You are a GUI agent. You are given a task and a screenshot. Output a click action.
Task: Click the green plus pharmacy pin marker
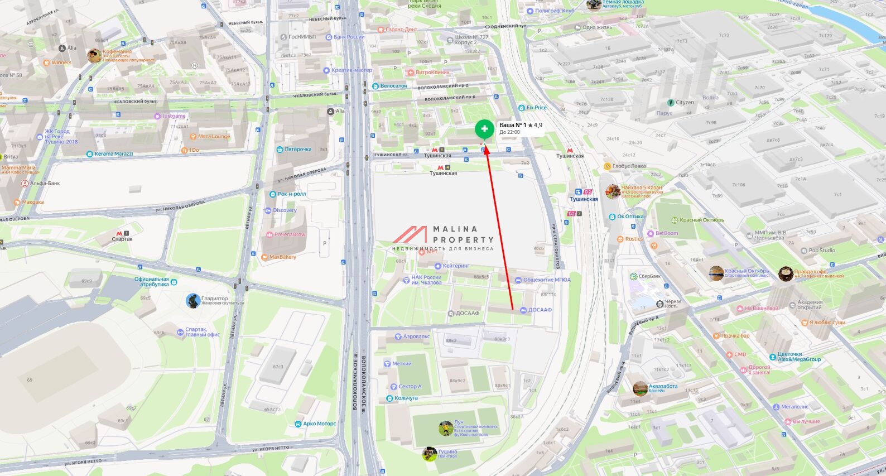coord(484,129)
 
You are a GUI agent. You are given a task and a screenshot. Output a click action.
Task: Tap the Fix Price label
coord(536,108)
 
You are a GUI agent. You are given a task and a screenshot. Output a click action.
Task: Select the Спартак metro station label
coord(122,239)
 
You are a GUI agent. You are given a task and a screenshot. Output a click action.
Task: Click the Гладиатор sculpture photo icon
coord(193,300)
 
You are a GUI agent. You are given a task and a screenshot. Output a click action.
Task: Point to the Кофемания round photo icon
coord(94,55)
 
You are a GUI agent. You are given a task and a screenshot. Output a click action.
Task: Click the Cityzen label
coord(685,103)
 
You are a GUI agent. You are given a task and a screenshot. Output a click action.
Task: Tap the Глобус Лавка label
coord(629,166)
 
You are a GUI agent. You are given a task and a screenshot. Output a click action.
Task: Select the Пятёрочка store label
coord(298,150)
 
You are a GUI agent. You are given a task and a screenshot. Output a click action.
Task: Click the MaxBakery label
coord(282,257)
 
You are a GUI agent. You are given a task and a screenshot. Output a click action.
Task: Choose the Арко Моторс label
coord(319,424)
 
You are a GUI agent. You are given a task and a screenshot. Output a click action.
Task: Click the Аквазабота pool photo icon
coord(640,388)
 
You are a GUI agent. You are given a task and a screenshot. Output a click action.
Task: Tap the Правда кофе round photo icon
coord(786,273)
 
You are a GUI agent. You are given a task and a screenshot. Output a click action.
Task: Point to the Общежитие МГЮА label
coord(546,280)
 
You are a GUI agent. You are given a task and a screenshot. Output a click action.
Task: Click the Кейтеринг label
coord(456,266)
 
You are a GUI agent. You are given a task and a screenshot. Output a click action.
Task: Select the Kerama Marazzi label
coord(114,154)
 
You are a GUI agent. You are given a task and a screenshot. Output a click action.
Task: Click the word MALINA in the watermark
coord(455,229)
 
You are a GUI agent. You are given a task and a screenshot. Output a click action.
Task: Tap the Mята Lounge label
coord(214,137)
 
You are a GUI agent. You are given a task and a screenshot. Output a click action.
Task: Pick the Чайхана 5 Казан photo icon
coord(613,191)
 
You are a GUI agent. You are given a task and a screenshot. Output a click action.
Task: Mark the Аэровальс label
coord(416,336)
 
